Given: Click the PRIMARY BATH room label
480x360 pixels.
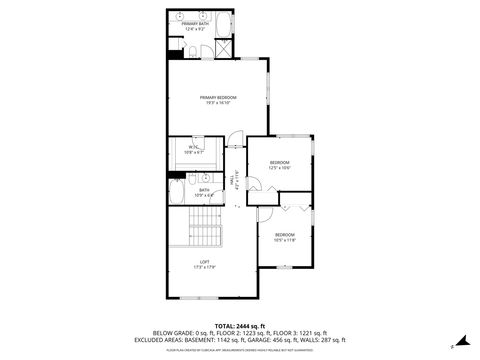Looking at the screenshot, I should (x=195, y=24).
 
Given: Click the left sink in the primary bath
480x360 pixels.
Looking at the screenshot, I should (x=183, y=17).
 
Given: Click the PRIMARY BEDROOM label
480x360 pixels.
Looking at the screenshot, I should (x=217, y=96).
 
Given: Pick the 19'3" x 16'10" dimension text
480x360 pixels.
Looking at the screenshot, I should (x=217, y=102).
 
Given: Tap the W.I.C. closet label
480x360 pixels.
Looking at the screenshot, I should (x=195, y=147).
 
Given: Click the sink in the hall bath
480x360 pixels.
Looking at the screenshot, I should (x=203, y=177).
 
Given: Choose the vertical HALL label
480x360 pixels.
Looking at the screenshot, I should (x=235, y=180).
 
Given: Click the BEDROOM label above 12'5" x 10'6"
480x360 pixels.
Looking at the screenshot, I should (x=280, y=162).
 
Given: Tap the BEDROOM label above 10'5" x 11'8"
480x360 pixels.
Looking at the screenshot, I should (x=285, y=234).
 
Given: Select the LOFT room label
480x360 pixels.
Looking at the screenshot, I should (x=203, y=261).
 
